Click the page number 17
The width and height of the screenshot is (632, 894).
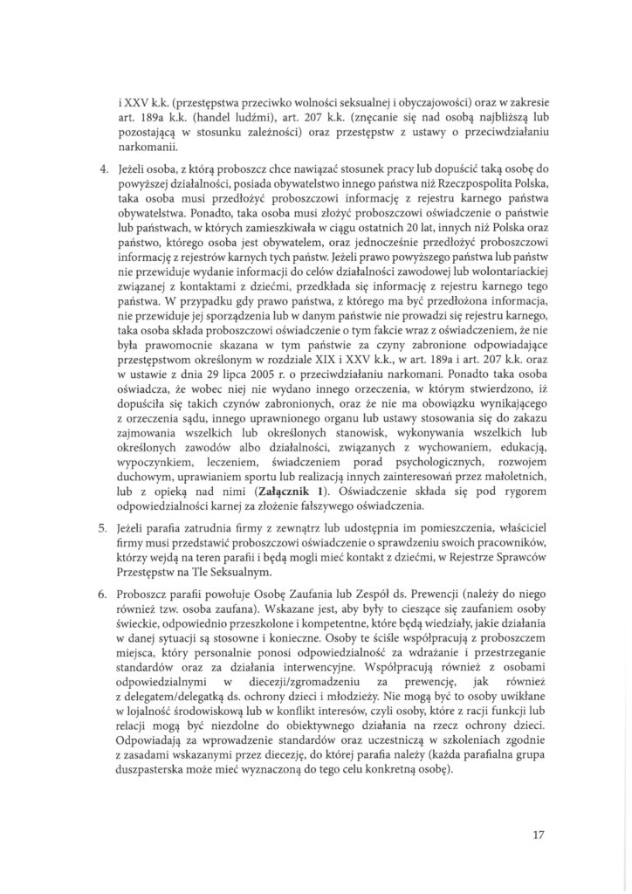click(x=538, y=835)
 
